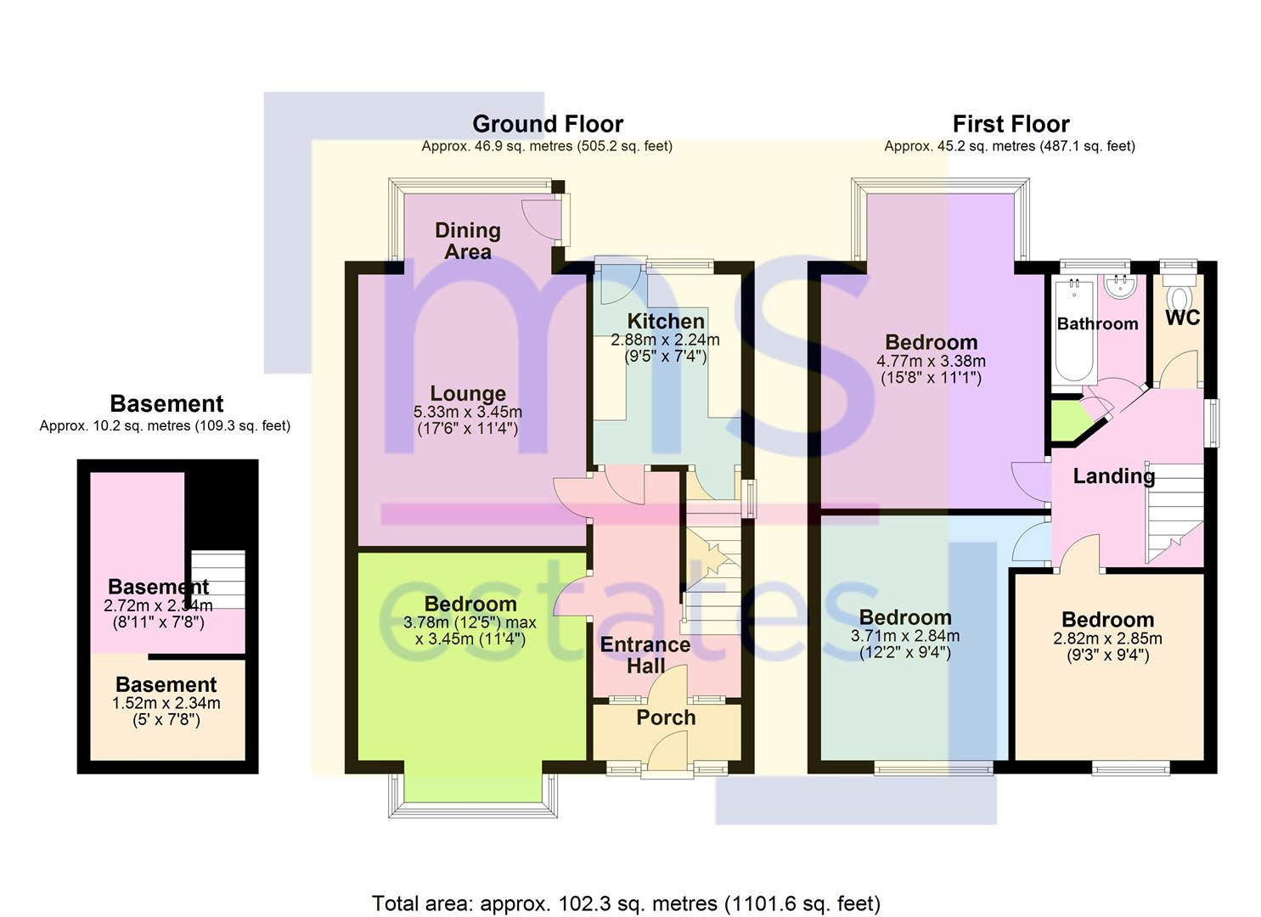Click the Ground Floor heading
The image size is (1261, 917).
click(x=547, y=124)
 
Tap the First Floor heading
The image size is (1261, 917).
click(x=1010, y=124)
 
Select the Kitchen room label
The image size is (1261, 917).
click(x=666, y=322)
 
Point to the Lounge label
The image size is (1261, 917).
click(x=468, y=393)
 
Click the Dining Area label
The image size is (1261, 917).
click(x=468, y=241)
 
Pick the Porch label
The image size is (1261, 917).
click(x=666, y=717)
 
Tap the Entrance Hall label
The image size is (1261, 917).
click(x=645, y=655)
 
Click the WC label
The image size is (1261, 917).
click(x=1182, y=318)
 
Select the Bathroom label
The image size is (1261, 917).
click(x=1097, y=323)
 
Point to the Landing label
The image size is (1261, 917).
click(x=1113, y=476)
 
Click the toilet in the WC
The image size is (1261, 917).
click(x=1179, y=293)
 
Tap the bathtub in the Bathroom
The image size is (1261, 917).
click(x=1073, y=332)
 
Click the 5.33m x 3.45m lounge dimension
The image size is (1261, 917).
click(x=468, y=412)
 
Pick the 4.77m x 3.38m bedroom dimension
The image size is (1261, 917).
click(x=932, y=361)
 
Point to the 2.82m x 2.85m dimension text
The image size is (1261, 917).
click(x=1107, y=639)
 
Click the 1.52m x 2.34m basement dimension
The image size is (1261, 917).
click(x=166, y=703)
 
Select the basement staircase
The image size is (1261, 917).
click(x=218, y=579)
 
